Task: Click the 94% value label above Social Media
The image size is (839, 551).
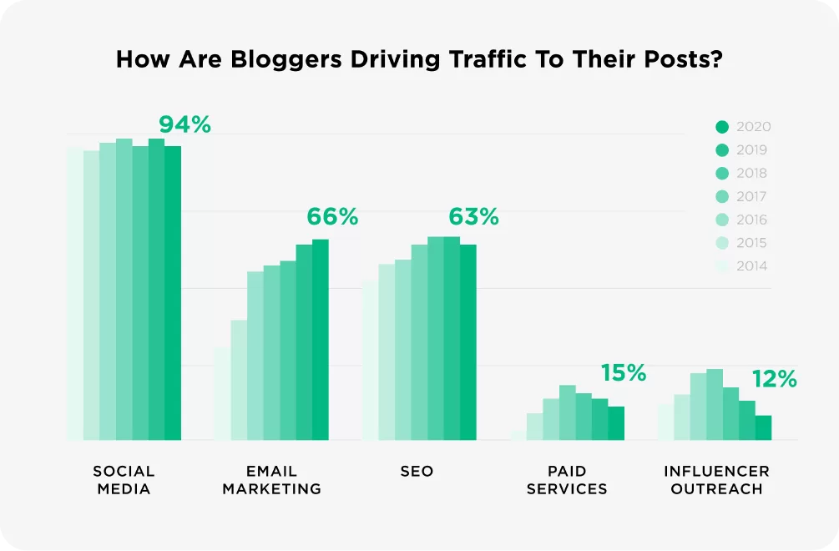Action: point(184,125)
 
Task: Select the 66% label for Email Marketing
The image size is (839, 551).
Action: point(331,217)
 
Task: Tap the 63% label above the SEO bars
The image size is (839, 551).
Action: point(473,217)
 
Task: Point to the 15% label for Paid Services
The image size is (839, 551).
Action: point(624,373)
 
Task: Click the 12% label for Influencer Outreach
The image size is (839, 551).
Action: point(774,379)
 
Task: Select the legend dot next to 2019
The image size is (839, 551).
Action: point(723,150)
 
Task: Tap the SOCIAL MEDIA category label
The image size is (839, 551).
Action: point(124,480)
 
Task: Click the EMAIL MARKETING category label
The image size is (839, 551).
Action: point(271,480)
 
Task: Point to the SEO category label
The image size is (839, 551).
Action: point(417,472)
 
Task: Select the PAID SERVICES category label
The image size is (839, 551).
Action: point(567,480)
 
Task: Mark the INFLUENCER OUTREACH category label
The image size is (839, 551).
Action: point(716,480)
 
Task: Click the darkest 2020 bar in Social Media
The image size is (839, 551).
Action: point(173,292)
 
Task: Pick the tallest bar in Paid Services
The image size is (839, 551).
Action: point(568,412)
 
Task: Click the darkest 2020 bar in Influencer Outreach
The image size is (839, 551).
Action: point(763,427)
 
